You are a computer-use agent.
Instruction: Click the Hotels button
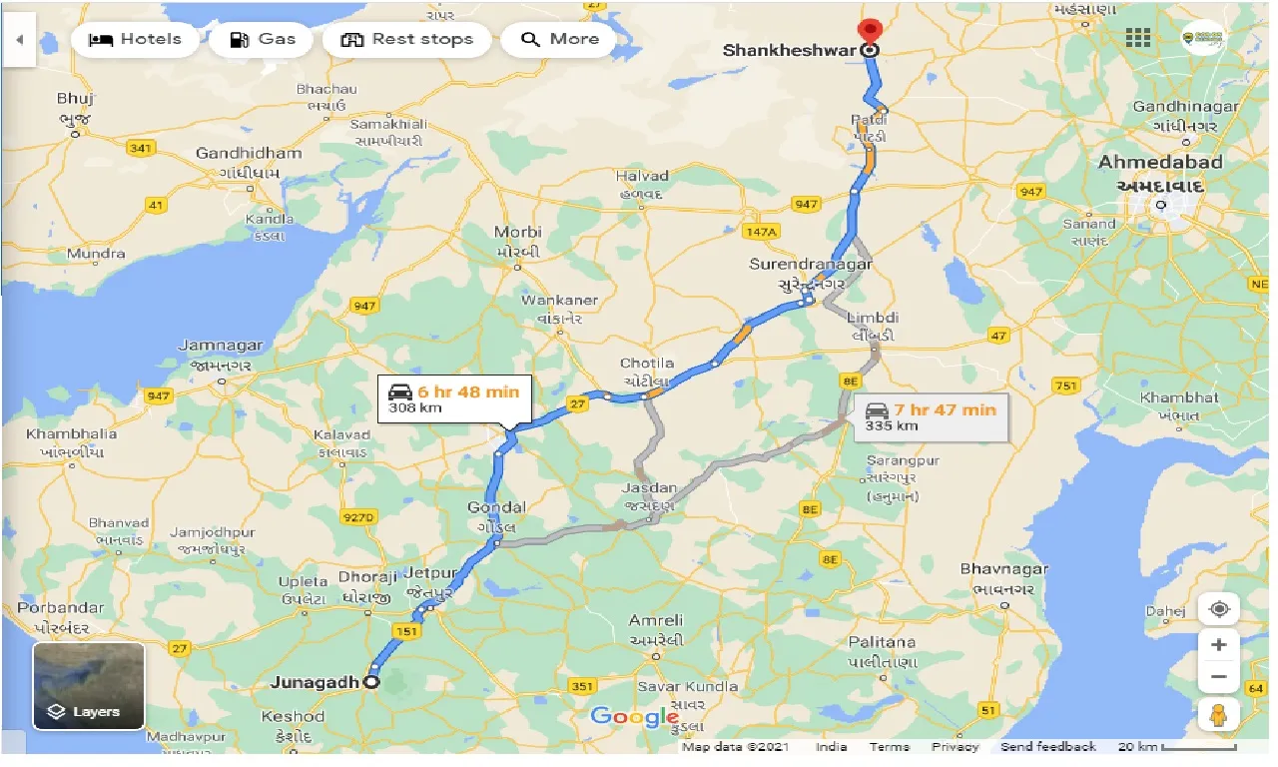[x=135, y=40]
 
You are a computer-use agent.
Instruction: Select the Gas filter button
[x=262, y=40]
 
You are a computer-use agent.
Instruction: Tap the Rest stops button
[x=406, y=40]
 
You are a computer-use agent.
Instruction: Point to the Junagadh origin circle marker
[x=371, y=682]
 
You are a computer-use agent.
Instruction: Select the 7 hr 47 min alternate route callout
[x=931, y=416]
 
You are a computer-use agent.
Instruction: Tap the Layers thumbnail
[x=89, y=685]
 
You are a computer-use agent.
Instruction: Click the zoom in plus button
[x=1218, y=645]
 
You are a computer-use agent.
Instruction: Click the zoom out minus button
[x=1218, y=677]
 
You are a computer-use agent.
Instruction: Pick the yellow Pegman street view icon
[x=1218, y=714]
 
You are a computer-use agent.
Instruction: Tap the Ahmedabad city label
[x=1159, y=163]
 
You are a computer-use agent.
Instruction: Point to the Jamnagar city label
[x=221, y=346]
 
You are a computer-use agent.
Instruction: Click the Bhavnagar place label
[x=1003, y=569]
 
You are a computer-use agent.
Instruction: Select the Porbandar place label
[x=60, y=607]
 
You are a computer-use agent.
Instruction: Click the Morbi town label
[x=517, y=233]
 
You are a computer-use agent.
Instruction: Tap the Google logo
[x=634, y=716]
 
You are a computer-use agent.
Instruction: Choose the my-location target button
[x=1218, y=608]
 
